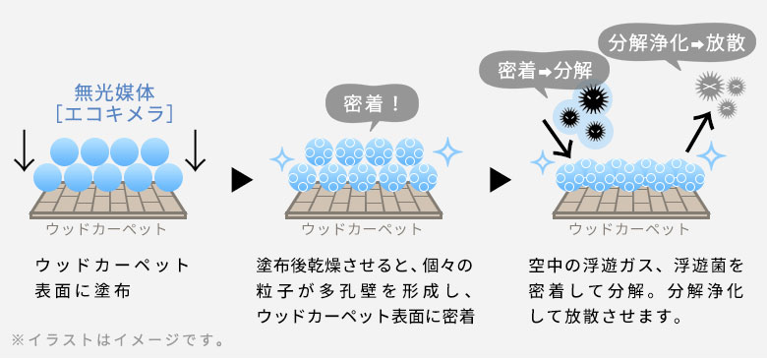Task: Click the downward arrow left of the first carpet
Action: pyautogui.click(x=23, y=150)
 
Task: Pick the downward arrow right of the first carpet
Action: pyautogui.click(x=197, y=150)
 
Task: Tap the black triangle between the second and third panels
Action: pyautogui.click(x=501, y=180)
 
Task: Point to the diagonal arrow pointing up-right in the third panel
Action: pyautogui.click(x=699, y=134)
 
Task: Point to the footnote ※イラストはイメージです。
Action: pyautogui.click(x=118, y=342)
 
